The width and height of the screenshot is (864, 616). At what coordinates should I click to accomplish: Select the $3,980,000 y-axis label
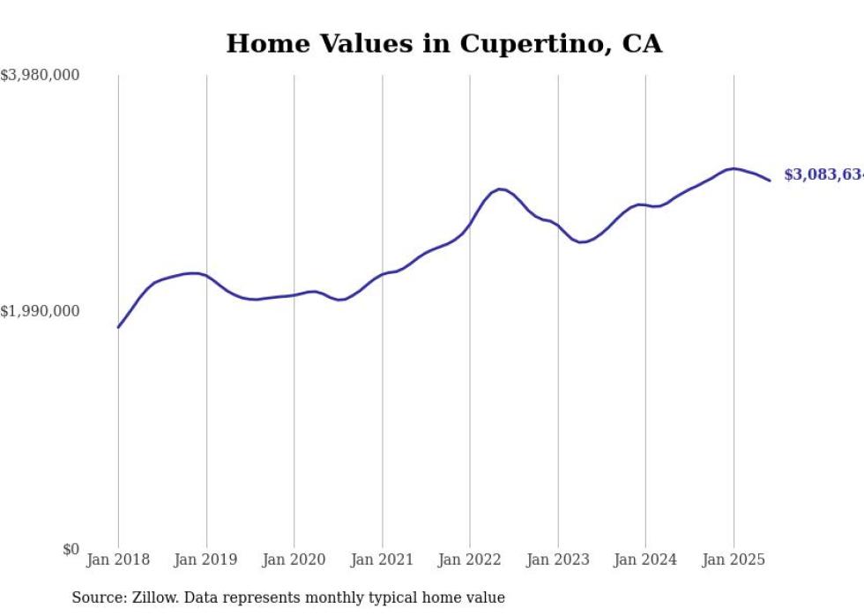(40, 76)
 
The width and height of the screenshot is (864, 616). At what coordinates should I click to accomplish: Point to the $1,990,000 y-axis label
(40, 311)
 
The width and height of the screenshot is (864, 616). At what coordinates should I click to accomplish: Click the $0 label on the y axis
(71, 549)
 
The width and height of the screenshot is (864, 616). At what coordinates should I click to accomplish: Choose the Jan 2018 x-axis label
(118, 560)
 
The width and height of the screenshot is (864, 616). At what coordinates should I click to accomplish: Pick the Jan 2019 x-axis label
(206, 560)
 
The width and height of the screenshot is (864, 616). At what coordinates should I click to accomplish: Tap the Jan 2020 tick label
(294, 560)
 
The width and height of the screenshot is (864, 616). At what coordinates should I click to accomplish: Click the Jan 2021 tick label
(382, 560)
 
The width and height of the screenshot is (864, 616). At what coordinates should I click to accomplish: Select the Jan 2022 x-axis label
(470, 560)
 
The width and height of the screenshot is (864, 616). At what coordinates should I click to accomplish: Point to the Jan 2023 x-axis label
(557, 560)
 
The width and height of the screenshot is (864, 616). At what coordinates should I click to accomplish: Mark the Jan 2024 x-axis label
(645, 560)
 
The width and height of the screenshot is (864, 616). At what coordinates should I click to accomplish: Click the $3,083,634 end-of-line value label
(823, 175)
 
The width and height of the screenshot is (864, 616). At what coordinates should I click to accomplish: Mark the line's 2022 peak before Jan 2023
(500, 189)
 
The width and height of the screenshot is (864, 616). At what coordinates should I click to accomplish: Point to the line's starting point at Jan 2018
(118, 327)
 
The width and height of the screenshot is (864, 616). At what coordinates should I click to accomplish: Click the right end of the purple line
(770, 181)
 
